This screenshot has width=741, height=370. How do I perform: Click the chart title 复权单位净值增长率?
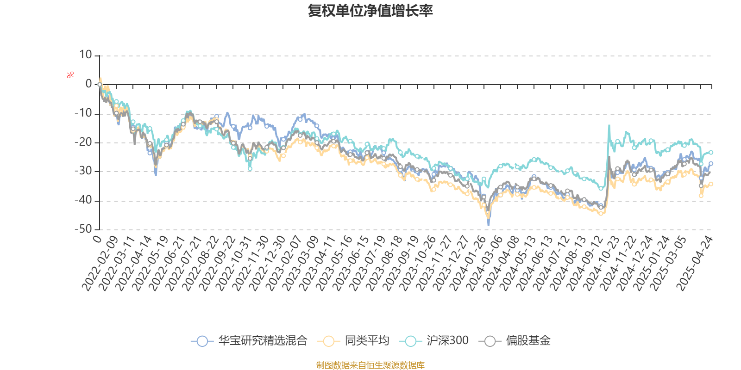pos(370,11)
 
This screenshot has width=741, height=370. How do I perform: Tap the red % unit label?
pos(70,74)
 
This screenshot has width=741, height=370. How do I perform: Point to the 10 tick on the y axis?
pos(86,55)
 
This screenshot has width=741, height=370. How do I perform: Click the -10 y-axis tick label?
pos(83,113)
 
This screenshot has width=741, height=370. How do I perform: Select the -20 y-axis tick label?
pos(83,142)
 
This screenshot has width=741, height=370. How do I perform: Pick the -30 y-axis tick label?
pos(83,171)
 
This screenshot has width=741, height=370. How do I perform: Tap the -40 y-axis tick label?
pos(83,200)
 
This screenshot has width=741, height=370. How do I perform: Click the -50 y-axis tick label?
pos(83,229)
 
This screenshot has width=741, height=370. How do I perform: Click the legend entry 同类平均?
pos(354,341)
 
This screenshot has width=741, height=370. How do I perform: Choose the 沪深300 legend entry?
pos(437,341)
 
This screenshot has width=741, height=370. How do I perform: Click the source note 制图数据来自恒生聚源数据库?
pos(370,365)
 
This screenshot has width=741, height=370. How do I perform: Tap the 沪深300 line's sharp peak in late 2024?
pos(609,125)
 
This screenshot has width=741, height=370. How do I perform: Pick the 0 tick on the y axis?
pos(89,84)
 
